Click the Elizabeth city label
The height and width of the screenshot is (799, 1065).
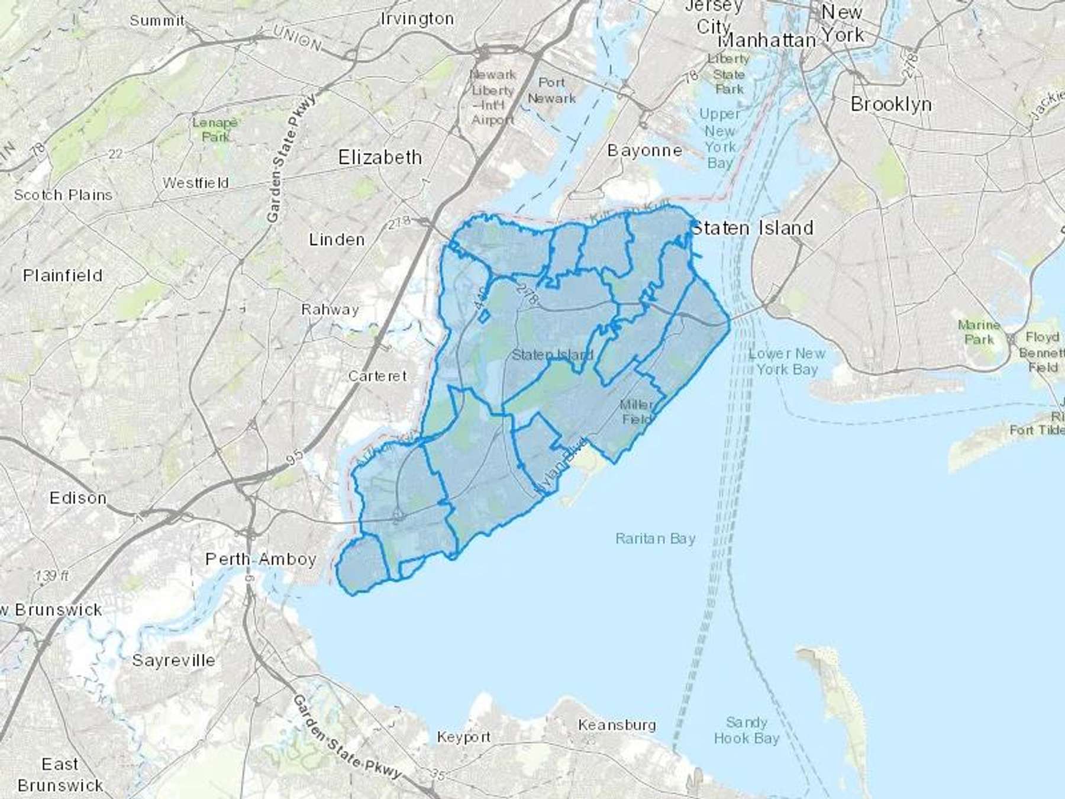380,157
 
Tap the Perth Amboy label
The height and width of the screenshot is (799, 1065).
260,559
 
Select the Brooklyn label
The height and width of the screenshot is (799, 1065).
890,104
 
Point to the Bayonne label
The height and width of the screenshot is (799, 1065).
644,150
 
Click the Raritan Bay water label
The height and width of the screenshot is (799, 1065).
655,539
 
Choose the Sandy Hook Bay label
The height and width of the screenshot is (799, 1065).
746,730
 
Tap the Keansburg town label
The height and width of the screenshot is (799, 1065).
617,725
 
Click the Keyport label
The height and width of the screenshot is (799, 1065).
463,737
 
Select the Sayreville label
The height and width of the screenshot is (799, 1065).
173,661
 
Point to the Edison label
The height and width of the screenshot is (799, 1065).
78,498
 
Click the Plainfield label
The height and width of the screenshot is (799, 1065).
63,276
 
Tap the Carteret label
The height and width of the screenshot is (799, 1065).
377,376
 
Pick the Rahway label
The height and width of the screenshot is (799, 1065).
330,310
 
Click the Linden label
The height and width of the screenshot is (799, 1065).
337,240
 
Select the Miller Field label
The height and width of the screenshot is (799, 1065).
636,412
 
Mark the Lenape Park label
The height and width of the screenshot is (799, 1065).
214,130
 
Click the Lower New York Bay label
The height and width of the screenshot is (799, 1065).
786,361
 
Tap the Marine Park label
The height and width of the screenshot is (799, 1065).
979,332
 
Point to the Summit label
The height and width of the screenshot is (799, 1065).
157,21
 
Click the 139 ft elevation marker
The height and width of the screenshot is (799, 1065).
51,575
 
